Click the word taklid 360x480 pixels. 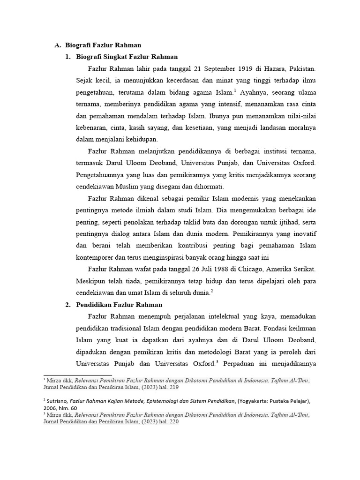(189, 222)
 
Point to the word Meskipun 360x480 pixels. (90, 281)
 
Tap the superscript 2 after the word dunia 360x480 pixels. (212, 291)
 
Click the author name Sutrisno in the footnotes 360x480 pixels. (57, 401)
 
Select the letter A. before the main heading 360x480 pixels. (58, 45)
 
